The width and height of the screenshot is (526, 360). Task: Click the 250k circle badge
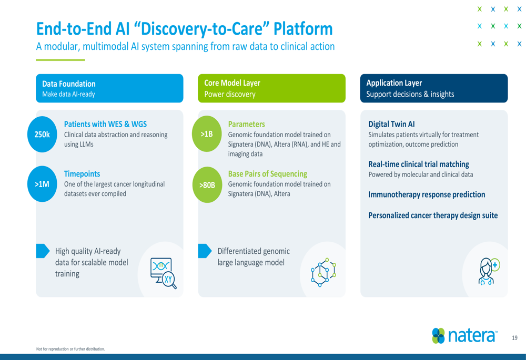pyautogui.click(x=42, y=135)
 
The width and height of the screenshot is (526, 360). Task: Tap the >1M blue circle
pyautogui.click(x=42, y=184)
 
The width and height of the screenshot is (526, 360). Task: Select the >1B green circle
pyautogui.click(x=207, y=133)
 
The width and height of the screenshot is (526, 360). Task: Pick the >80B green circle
pyautogui.click(x=207, y=184)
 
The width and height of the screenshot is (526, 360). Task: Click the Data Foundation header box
pyautogui.click(x=110, y=88)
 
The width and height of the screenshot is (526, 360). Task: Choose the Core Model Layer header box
pyautogui.click(x=272, y=88)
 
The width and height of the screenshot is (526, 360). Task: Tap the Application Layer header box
pyautogui.click(x=434, y=88)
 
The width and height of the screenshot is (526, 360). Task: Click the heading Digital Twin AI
pyautogui.click(x=391, y=125)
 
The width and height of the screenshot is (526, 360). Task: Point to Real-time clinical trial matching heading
pyautogui.click(x=419, y=164)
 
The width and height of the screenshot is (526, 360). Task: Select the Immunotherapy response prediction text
pyautogui.click(x=427, y=195)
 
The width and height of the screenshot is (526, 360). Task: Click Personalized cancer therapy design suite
pyautogui.click(x=433, y=215)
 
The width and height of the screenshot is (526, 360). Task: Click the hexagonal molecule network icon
pyautogui.click(x=323, y=272)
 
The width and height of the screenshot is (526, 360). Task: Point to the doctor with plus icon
pyautogui.click(x=489, y=271)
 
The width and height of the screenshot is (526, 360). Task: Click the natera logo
pyautogui.click(x=464, y=335)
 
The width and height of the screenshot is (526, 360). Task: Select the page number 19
pyautogui.click(x=514, y=338)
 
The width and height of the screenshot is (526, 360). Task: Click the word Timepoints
pyautogui.click(x=82, y=174)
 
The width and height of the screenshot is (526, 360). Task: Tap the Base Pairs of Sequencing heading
pyautogui.click(x=268, y=174)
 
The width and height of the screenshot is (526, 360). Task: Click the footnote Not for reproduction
pyautogui.click(x=70, y=349)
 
